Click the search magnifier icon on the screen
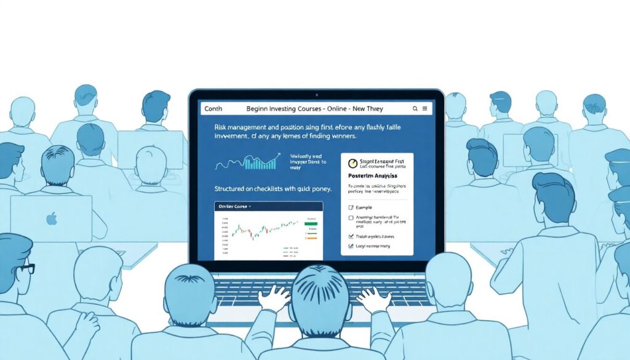coord(415,108)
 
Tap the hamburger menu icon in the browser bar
coord(425,108)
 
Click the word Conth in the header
coord(212,108)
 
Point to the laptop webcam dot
coord(316,95)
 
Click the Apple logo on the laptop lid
coord(52,218)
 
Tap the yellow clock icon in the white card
coord(353,164)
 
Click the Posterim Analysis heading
coord(370,176)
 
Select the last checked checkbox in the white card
coord(351,246)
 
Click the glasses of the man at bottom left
coord(25,269)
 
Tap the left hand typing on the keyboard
coord(274,300)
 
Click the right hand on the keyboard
coord(373,300)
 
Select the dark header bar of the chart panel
coord(268,207)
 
